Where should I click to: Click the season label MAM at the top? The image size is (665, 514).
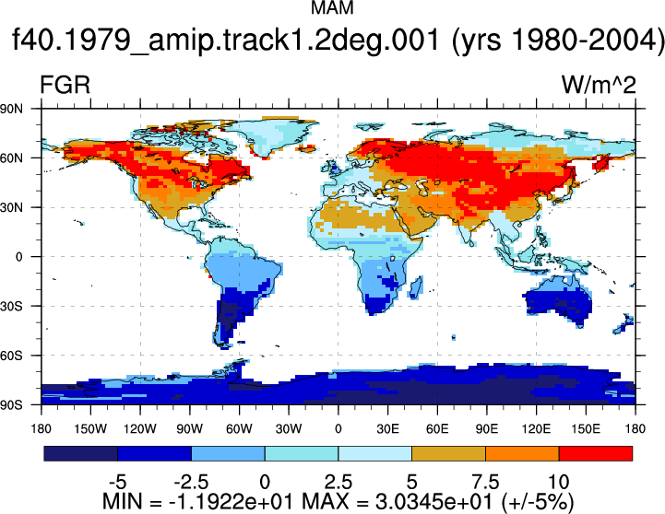332,8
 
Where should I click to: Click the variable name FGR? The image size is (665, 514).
65,85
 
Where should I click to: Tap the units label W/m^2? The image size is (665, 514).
599,85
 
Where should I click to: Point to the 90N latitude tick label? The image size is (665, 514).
11,109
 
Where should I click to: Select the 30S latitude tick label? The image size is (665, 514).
11,306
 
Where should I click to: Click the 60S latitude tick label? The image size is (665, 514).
11,356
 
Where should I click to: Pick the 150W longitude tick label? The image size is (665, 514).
90,429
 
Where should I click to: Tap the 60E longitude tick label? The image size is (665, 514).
437,429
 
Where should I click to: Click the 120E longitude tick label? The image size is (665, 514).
536,429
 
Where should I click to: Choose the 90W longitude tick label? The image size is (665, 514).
190,429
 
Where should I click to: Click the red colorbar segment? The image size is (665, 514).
596,453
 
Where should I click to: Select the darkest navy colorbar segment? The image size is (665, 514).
80,453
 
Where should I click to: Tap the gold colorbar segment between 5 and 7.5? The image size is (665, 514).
448,453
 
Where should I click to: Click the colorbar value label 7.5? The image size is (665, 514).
485,482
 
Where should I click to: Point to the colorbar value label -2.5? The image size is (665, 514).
191,482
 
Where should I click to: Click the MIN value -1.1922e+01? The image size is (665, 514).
231,502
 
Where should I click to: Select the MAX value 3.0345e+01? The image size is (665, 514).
434,502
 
